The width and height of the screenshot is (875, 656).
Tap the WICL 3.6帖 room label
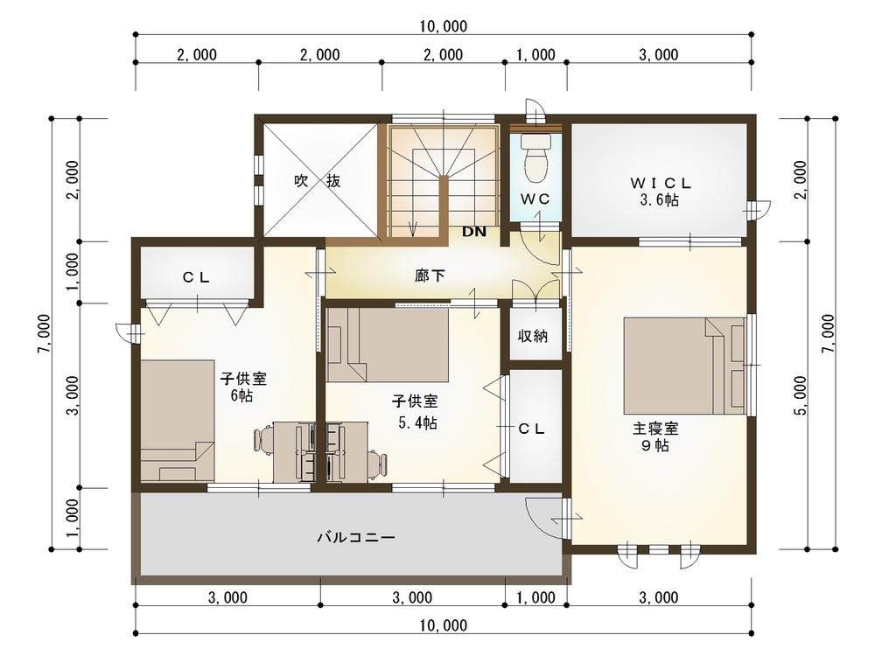[x=660, y=192]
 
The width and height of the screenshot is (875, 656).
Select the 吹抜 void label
[x=317, y=181]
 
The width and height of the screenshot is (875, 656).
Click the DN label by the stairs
[x=473, y=232]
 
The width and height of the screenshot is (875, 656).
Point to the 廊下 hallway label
[x=430, y=275]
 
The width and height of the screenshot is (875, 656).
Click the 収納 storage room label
[x=532, y=336]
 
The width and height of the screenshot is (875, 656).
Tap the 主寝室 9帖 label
[x=655, y=436]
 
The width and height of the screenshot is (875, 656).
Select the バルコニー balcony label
[x=357, y=537]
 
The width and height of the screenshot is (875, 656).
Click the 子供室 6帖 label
[x=243, y=387]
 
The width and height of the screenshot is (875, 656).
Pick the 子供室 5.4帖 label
[x=416, y=412]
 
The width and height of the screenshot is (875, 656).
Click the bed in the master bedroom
[x=685, y=366]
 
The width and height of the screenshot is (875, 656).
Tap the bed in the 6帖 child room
[x=178, y=421]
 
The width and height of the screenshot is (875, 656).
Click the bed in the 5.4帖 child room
[x=388, y=345]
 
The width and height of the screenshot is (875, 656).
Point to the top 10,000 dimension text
[x=444, y=25]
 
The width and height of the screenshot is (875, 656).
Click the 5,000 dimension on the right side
[x=800, y=395]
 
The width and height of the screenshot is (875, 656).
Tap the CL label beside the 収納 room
[x=531, y=429]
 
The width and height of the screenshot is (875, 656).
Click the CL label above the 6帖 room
[x=196, y=277]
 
